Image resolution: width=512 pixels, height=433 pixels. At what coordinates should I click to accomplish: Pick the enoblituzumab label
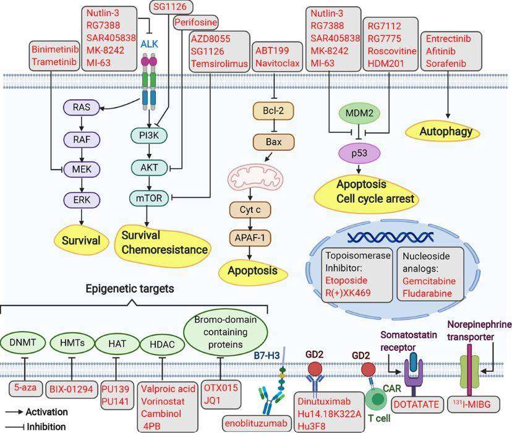point(255,423)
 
